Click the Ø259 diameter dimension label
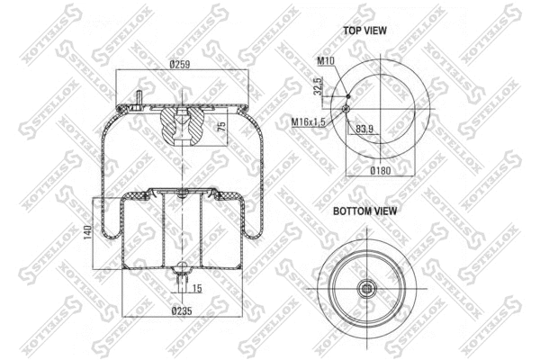coord(181,64)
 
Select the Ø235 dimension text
coord(183,311)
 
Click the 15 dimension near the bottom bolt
coord(197,287)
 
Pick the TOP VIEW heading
coord(364,30)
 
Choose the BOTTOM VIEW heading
coord(365,211)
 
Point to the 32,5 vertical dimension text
coord(318,85)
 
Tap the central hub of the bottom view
coord(369,288)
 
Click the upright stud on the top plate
coord(140,96)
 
